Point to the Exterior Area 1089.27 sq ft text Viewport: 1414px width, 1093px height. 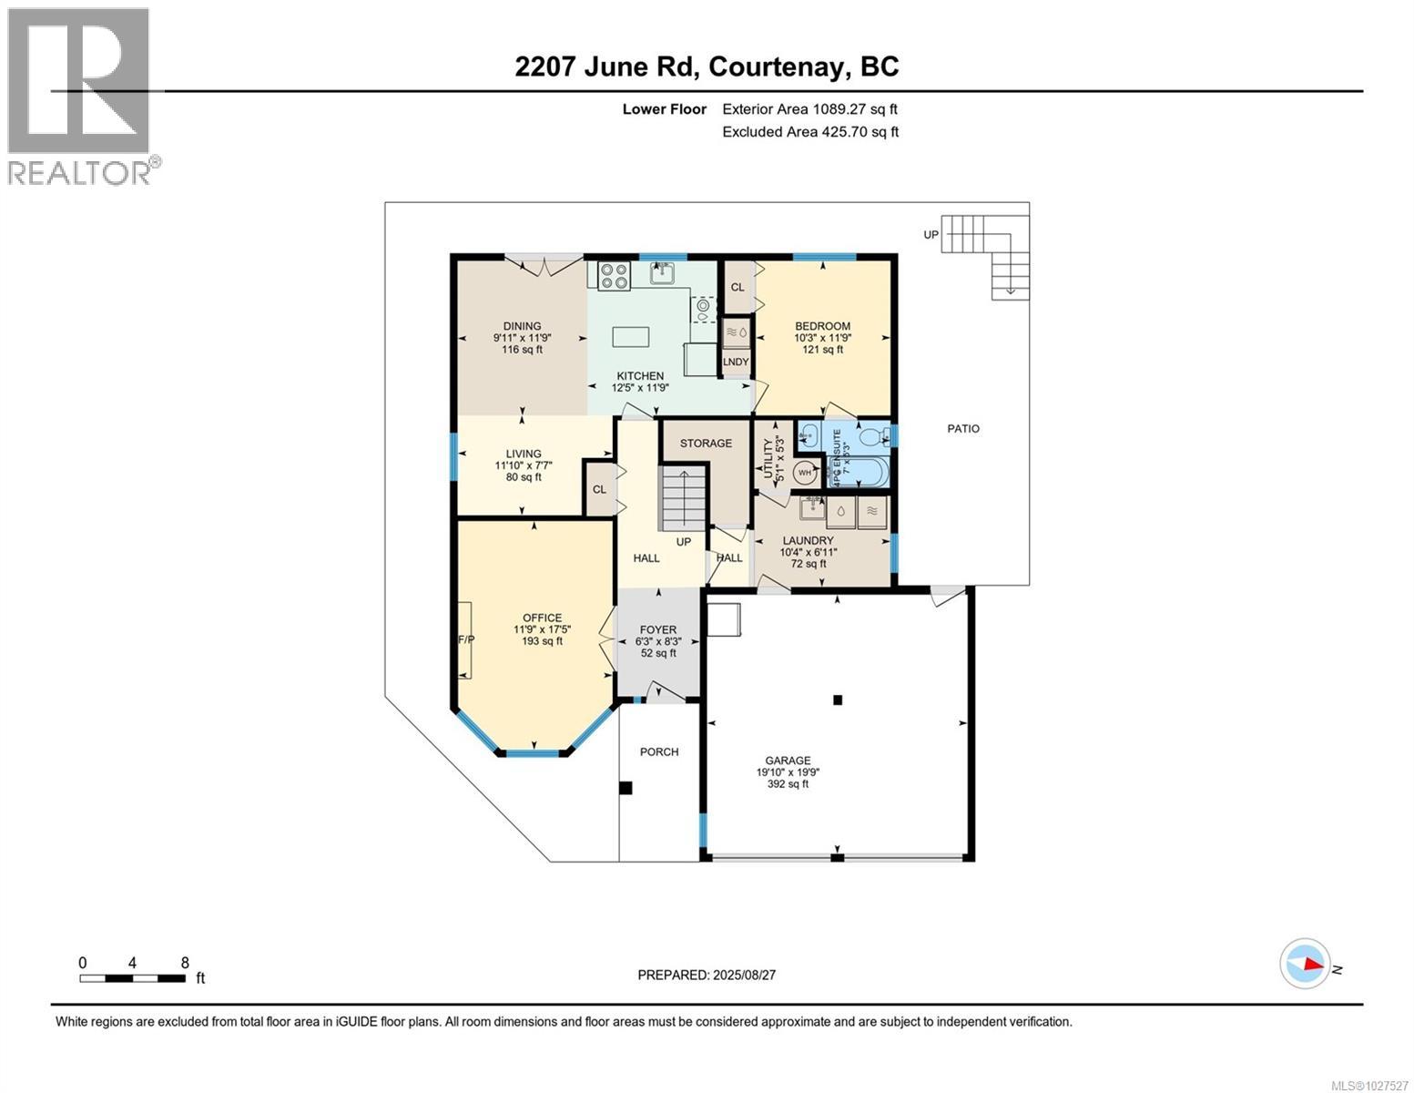[x=816, y=109]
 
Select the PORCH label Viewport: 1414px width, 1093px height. [x=659, y=752]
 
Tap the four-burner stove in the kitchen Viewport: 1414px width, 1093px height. [x=615, y=275]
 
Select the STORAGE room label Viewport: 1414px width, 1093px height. [x=706, y=444]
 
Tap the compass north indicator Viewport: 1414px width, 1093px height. [x=1306, y=964]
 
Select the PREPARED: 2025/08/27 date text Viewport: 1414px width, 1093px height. [x=707, y=975]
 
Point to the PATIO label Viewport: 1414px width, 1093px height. [x=963, y=428]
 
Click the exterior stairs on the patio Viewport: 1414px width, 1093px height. [x=988, y=250]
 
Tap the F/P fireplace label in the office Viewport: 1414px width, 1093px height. [x=465, y=639]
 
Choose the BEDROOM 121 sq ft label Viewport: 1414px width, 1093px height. [x=822, y=337]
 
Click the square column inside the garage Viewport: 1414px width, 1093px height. [x=838, y=700]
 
